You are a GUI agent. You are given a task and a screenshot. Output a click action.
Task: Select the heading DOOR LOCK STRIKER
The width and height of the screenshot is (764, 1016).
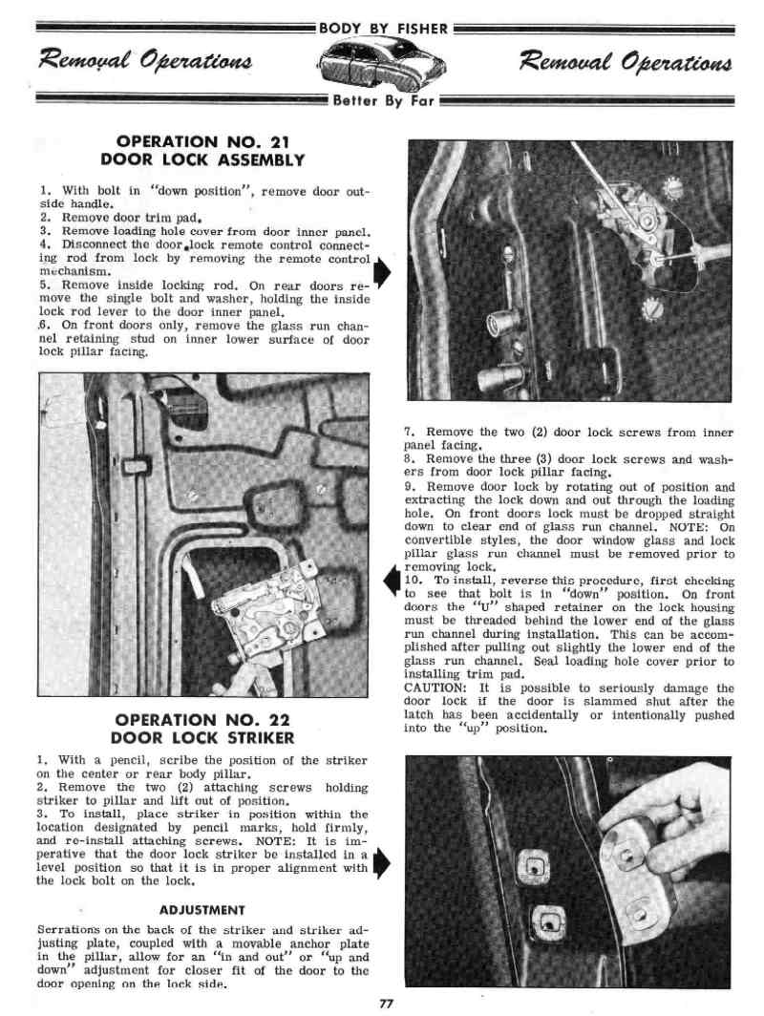click(x=202, y=737)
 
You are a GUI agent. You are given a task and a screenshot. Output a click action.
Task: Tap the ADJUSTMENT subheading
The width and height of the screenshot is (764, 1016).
click(x=202, y=909)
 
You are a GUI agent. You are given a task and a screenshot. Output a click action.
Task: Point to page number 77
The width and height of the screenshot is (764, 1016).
click(x=387, y=1004)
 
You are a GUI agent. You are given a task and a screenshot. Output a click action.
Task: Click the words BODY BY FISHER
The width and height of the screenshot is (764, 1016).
click(x=382, y=27)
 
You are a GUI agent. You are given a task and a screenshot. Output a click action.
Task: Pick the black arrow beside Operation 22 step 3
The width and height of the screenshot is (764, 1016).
click(x=379, y=862)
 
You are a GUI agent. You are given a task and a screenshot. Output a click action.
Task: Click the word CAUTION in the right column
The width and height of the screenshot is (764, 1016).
click(x=435, y=688)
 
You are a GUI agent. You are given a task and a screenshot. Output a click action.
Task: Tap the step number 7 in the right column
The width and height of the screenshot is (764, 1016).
click(x=410, y=433)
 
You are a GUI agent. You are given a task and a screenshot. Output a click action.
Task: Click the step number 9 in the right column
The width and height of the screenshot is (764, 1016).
click(x=410, y=487)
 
